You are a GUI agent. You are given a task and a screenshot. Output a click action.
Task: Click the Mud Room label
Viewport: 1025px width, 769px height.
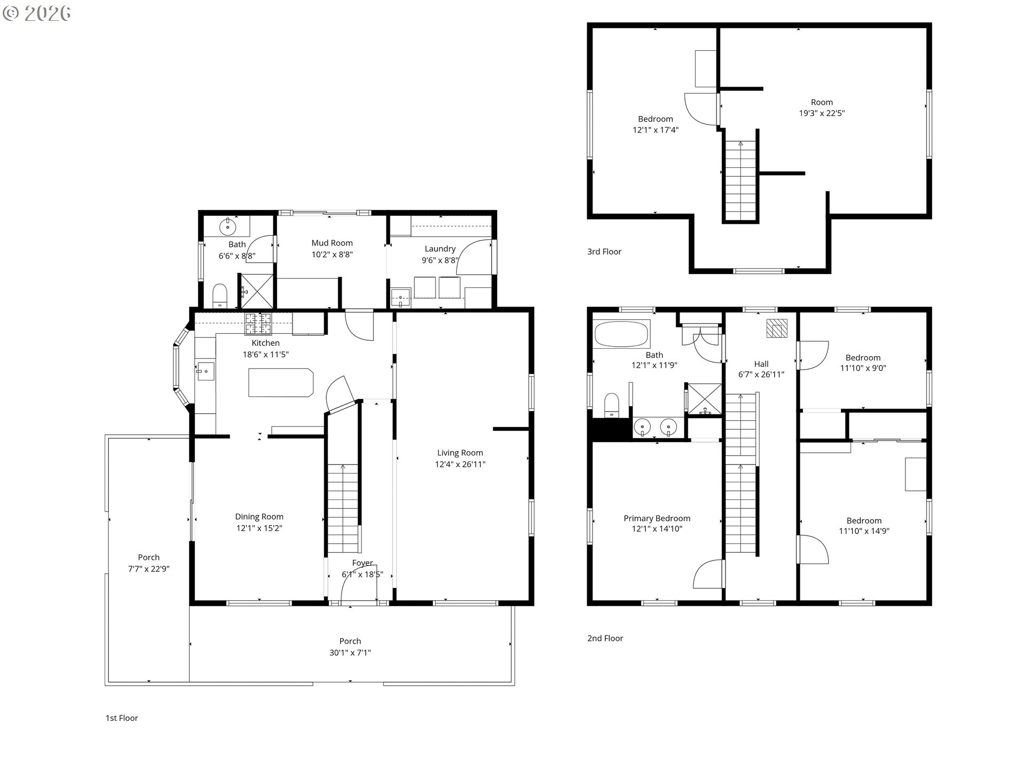click(332, 243)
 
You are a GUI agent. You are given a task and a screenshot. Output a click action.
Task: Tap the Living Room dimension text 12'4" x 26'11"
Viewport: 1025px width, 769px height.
click(460, 465)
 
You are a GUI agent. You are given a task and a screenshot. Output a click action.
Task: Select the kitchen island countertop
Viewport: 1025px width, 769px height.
click(281, 382)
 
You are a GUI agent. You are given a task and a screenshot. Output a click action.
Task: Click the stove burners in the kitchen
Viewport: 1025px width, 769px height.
click(258, 324)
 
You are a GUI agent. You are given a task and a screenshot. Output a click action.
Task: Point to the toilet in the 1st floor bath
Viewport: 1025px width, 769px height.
click(220, 296)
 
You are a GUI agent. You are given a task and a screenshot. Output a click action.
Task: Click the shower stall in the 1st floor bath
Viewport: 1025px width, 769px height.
click(257, 291)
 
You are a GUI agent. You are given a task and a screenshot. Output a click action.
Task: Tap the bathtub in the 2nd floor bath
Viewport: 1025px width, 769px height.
click(621, 334)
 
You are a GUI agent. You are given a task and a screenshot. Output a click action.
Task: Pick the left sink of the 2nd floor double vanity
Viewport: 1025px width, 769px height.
click(642, 427)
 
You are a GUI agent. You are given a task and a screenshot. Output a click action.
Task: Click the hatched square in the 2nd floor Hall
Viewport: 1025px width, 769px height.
click(777, 328)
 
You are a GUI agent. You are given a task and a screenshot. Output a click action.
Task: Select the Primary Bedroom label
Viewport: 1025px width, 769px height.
click(657, 519)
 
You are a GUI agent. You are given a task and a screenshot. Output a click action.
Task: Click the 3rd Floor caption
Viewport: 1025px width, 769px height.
click(604, 252)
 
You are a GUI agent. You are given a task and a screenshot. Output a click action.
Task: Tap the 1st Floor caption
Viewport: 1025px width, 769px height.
click(122, 718)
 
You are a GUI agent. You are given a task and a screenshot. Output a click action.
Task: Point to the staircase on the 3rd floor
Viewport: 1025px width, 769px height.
click(740, 180)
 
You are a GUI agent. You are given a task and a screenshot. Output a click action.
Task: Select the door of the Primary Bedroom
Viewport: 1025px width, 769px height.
click(708, 574)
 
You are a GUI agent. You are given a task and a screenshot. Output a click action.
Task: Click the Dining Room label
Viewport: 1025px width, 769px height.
click(259, 517)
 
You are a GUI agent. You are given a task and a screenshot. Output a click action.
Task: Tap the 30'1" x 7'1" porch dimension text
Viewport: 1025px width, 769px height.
click(350, 653)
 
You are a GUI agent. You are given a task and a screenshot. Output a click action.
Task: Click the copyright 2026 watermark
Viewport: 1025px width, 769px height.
click(37, 13)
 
